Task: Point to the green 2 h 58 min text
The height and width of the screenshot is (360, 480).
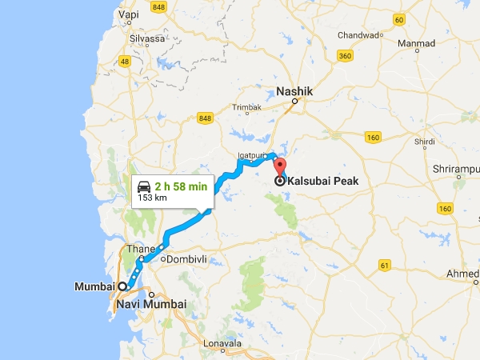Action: pyautogui.click(x=182, y=186)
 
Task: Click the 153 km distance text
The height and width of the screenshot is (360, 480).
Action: pyautogui.click(x=151, y=197)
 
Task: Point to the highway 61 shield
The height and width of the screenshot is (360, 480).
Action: pyautogui.click(x=385, y=265)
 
